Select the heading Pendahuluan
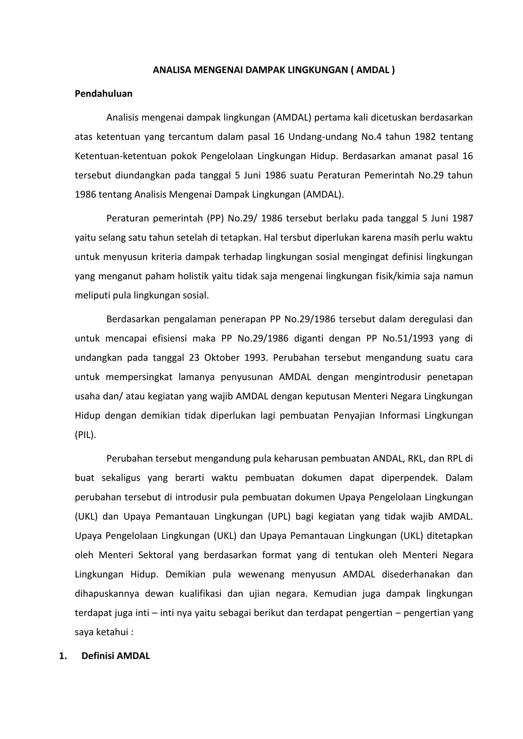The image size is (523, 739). tap(103, 94)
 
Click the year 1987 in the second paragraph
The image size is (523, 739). tap(462, 218)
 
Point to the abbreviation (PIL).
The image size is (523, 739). tap(85, 435)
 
